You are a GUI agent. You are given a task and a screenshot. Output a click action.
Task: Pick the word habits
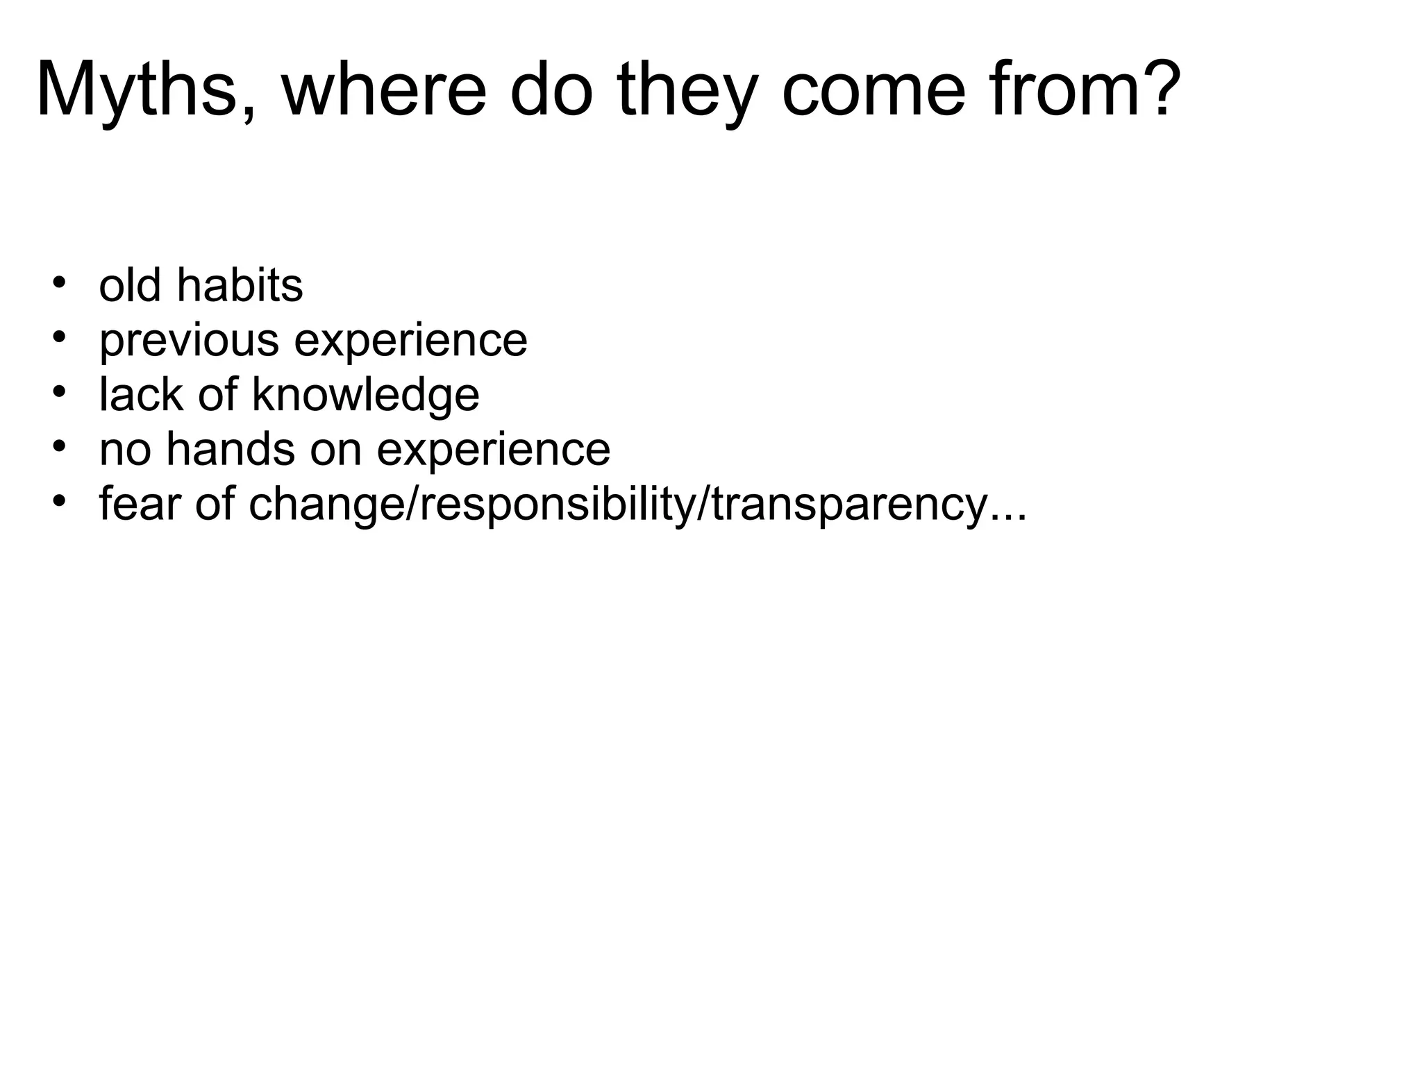pyautogui.click(x=240, y=285)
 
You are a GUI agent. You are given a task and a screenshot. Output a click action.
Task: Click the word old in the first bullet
pyautogui.click(x=130, y=285)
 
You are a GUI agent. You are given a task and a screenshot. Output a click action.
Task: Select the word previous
pyautogui.click(x=189, y=341)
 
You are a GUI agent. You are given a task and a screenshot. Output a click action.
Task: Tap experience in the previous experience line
pyautogui.click(x=410, y=341)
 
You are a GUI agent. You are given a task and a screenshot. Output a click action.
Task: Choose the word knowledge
pyautogui.click(x=365, y=395)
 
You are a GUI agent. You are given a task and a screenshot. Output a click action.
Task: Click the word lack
pyautogui.click(x=141, y=395)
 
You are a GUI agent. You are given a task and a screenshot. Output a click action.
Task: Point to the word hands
pyautogui.click(x=231, y=449)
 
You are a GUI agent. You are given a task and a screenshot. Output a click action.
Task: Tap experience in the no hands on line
pyautogui.click(x=493, y=449)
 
